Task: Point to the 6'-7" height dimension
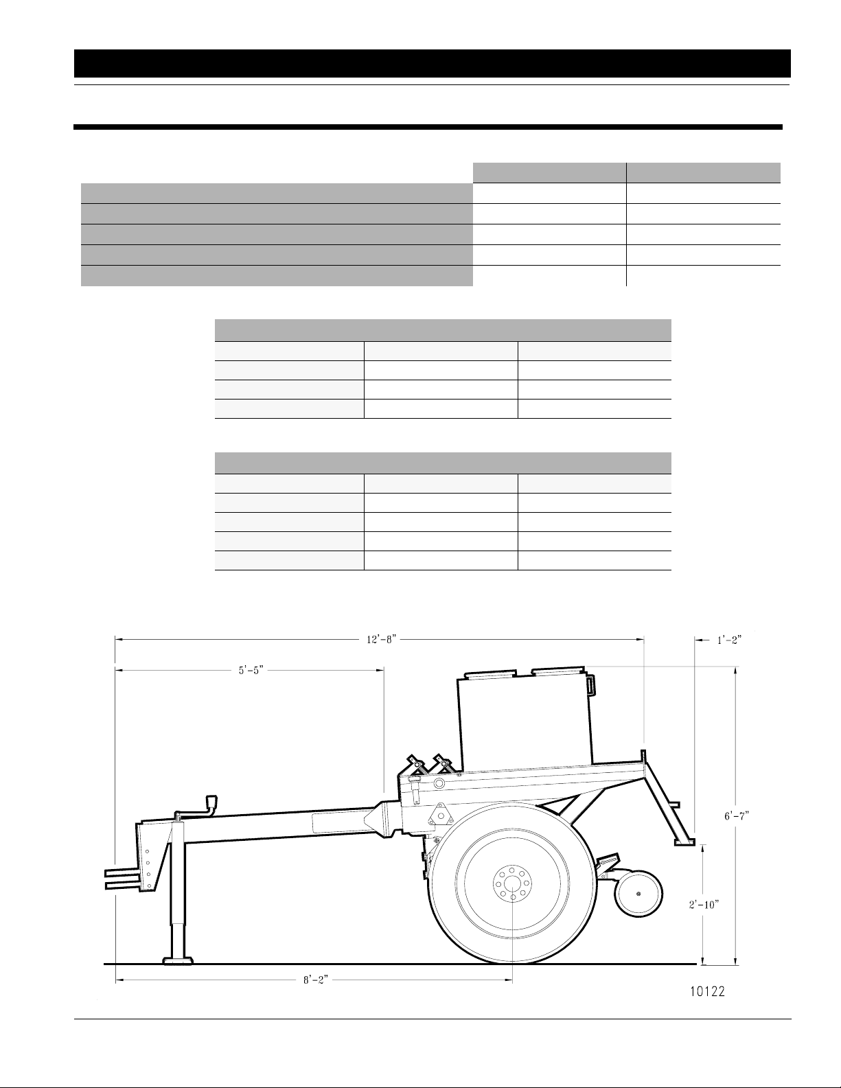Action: (737, 815)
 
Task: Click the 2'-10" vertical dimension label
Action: (704, 904)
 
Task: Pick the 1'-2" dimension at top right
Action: (729, 639)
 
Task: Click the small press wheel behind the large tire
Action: (638, 894)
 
